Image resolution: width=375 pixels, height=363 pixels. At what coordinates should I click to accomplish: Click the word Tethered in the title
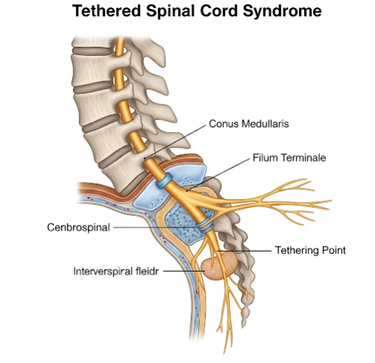106,11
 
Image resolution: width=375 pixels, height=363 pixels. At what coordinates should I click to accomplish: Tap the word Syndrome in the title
282,12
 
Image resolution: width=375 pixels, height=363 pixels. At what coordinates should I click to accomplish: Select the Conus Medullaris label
249,123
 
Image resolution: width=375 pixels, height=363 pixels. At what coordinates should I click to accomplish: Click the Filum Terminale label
289,157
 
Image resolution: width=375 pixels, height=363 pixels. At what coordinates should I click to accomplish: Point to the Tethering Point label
310,250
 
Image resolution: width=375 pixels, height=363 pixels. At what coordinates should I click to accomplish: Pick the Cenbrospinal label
78,227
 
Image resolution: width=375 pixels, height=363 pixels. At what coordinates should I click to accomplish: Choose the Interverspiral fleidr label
116,272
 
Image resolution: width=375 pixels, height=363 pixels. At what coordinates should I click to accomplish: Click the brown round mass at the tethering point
219,266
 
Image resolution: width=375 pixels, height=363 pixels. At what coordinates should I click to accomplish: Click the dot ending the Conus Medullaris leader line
145,158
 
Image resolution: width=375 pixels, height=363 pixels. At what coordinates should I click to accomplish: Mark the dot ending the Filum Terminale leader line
187,191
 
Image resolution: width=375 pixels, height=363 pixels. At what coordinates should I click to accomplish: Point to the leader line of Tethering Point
244,251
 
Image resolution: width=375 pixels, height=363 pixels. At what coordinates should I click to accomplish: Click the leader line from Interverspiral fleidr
184,271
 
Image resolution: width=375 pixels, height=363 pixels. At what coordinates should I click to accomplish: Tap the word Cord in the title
219,11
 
